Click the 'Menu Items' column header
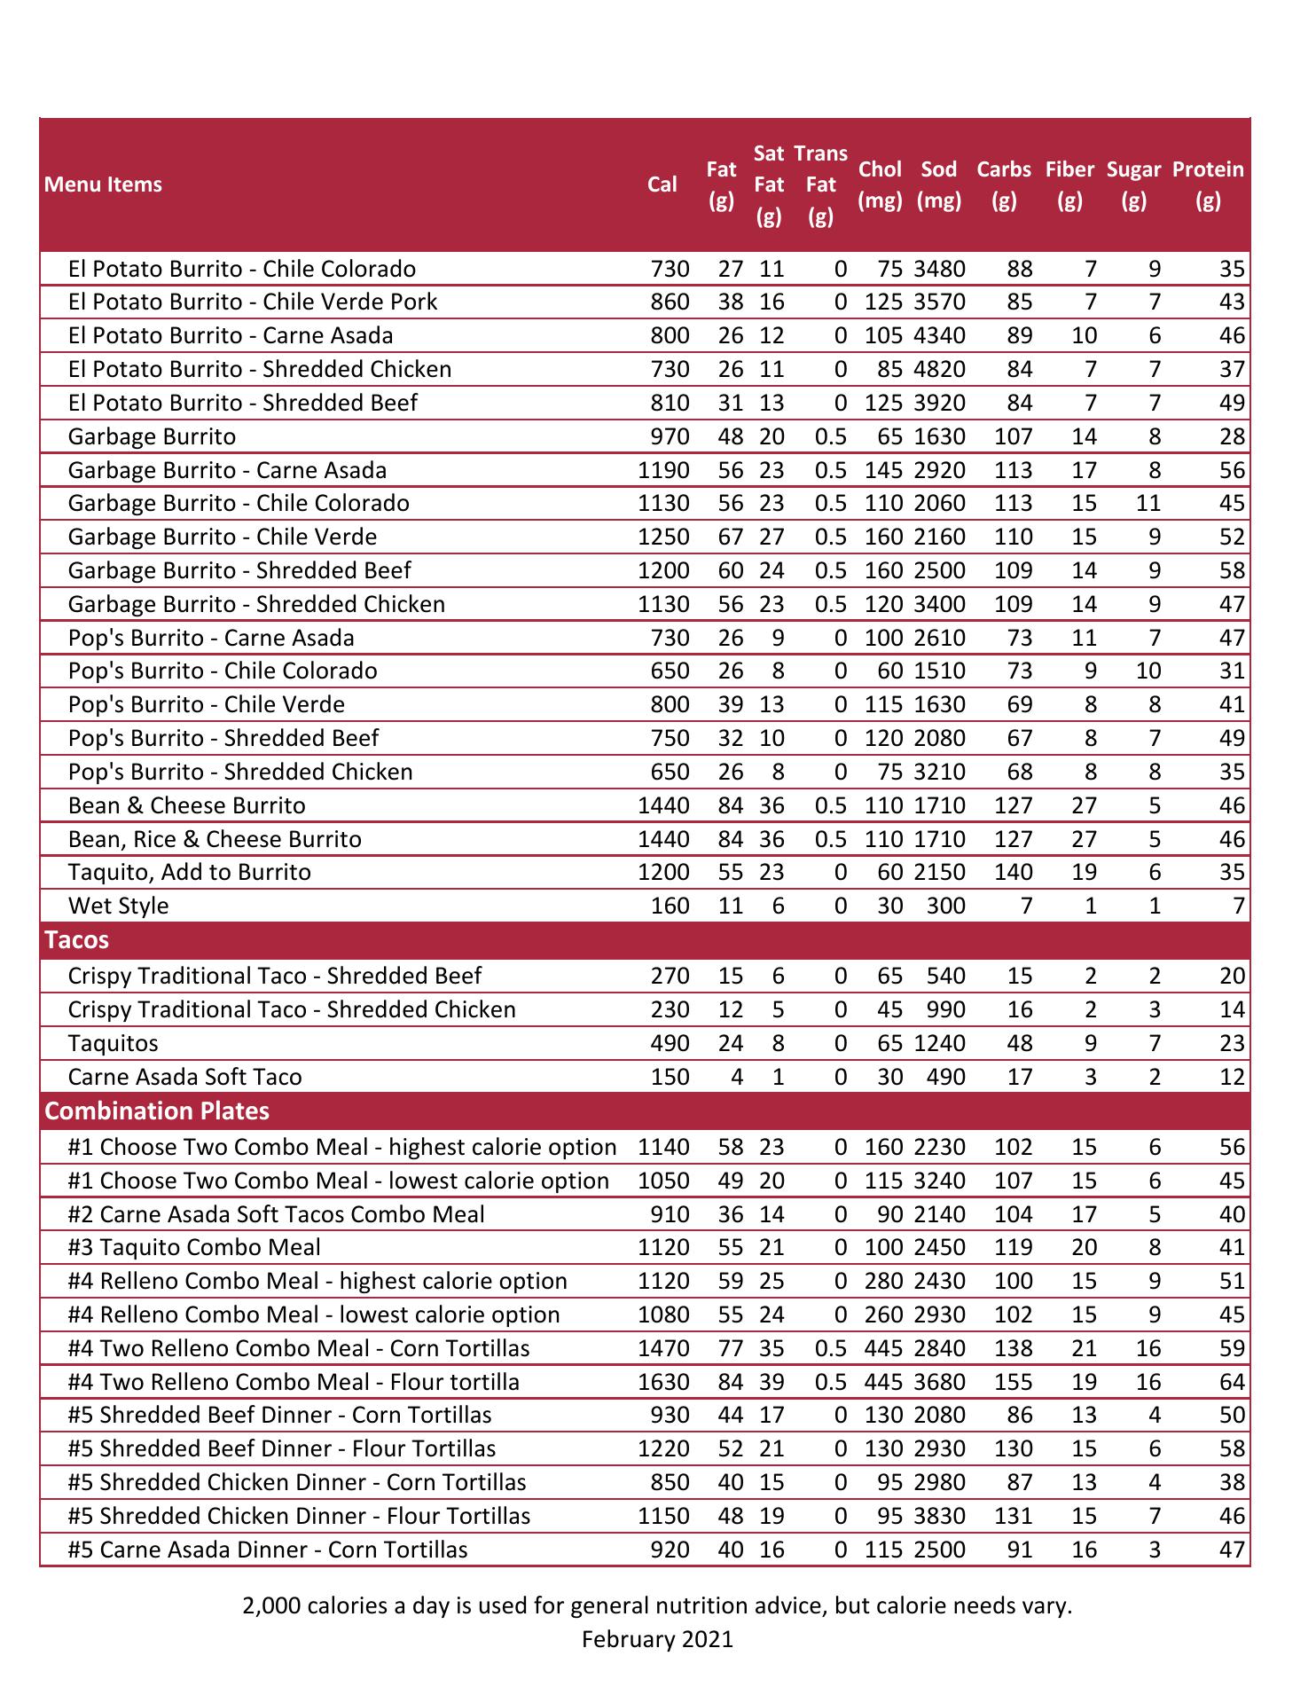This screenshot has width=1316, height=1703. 103,184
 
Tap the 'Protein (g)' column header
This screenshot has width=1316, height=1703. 1207,184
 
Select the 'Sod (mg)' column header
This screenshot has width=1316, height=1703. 938,184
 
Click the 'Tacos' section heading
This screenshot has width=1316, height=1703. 76,940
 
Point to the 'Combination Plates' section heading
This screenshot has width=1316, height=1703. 157,1111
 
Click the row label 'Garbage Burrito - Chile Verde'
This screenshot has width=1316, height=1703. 222,538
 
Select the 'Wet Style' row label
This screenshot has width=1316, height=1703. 118,906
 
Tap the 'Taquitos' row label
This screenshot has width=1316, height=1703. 113,1044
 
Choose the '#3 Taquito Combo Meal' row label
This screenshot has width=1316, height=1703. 194,1248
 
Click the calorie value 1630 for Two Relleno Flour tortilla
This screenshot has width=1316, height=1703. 663,1383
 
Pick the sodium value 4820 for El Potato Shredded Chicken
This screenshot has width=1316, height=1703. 939,370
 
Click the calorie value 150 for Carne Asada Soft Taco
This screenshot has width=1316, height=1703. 670,1078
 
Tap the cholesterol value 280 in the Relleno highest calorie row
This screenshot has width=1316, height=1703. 883,1282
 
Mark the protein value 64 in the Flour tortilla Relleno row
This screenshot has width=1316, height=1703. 1232,1383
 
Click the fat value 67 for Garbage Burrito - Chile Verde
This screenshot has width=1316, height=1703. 730,538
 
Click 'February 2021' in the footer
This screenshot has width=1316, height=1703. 657,1639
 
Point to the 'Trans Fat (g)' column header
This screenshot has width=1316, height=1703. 820,184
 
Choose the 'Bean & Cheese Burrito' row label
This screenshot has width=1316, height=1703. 186,806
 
